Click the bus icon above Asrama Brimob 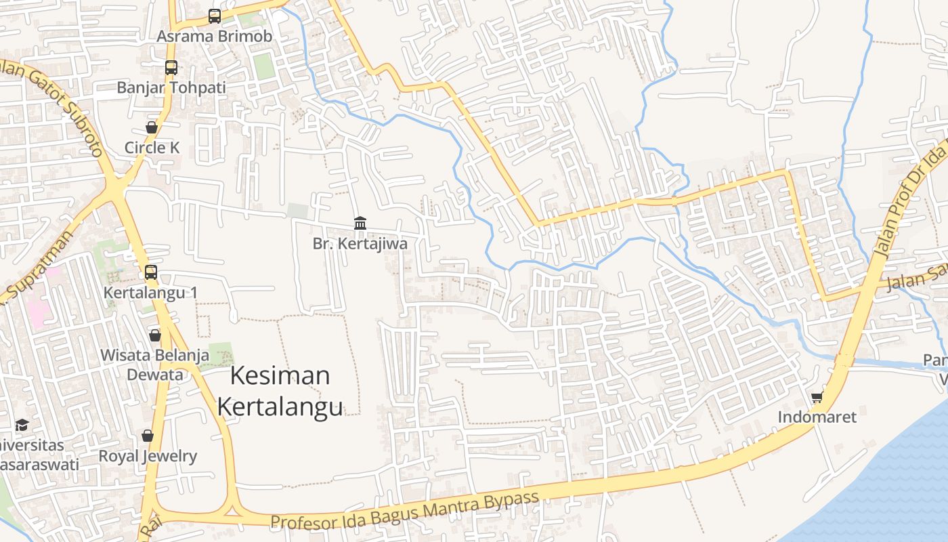click(x=215, y=16)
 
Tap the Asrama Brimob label click(x=215, y=36)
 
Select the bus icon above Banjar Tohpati click(x=171, y=68)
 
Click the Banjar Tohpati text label click(x=171, y=87)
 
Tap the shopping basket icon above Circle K click(x=152, y=127)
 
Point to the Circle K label click(x=152, y=147)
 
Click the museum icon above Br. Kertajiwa click(x=360, y=223)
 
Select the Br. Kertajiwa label click(x=360, y=243)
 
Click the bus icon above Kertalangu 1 click(x=151, y=272)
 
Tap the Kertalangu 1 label click(x=150, y=293)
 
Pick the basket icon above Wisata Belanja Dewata click(x=155, y=335)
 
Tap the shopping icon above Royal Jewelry click(x=148, y=436)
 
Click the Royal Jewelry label click(x=148, y=456)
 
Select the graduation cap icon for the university click(x=22, y=425)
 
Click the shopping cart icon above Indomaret click(x=817, y=397)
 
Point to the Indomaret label click(x=817, y=417)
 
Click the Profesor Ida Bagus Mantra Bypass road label click(x=405, y=510)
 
